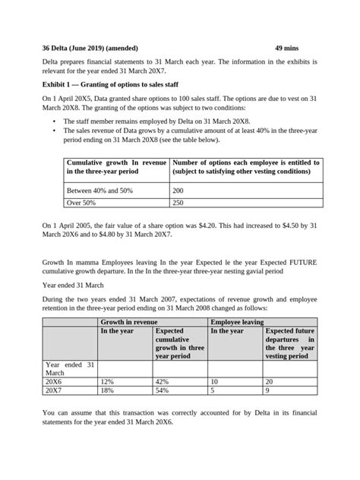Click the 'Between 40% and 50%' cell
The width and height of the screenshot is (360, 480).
(x=99, y=190)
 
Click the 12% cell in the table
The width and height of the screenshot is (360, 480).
(x=107, y=382)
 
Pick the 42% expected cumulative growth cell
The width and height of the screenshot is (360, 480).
(x=161, y=382)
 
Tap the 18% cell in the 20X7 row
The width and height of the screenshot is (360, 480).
(x=107, y=392)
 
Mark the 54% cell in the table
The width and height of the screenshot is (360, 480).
(x=161, y=392)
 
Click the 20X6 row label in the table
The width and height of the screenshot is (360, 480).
(x=55, y=382)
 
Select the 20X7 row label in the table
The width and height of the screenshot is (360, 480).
(x=55, y=392)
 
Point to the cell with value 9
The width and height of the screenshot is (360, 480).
(x=268, y=392)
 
